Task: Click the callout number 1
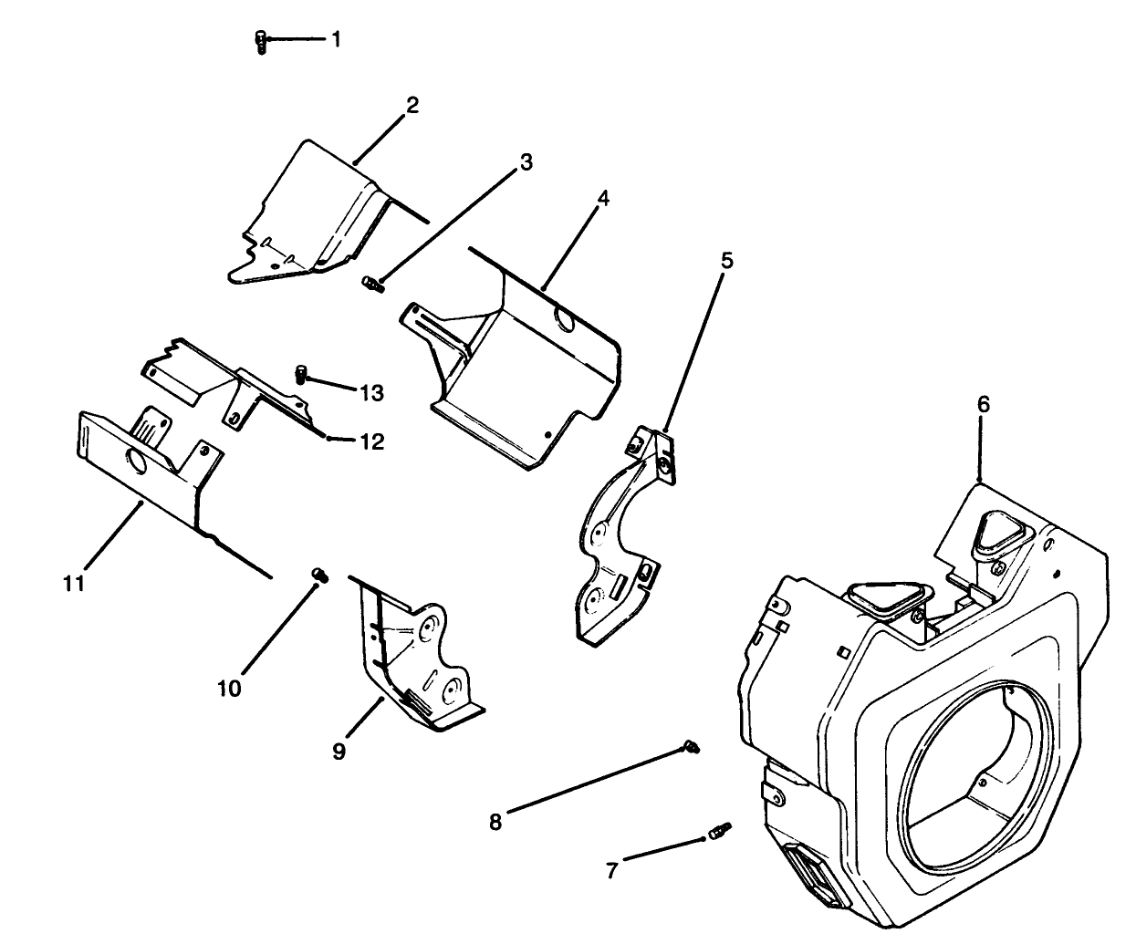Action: pyautogui.click(x=336, y=39)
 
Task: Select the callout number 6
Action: pyautogui.click(x=983, y=403)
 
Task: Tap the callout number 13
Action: pyautogui.click(x=371, y=393)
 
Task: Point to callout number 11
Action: pyautogui.click(x=74, y=583)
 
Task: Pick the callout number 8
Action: pyautogui.click(x=495, y=822)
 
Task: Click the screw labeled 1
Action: pyautogui.click(x=261, y=42)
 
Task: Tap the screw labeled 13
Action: pyautogui.click(x=302, y=373)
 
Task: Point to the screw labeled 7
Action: pyautogui.click(x=719, y=832)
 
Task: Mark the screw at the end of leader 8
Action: pyautogui.click(x=692, y=748)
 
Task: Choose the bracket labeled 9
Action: pyautogui.click(x=411, y=657)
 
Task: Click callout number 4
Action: pyautogui.click(x=604, y=200)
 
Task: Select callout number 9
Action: pyautogui.click(x=339, y=752)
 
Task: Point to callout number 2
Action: pyautogui.click(x=412, y=105)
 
